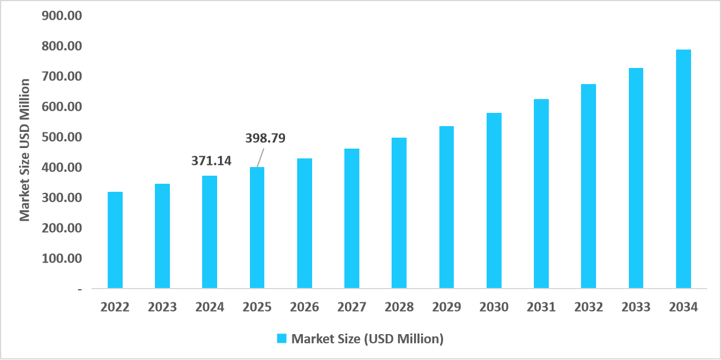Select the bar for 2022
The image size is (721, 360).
pyautogui.click(x=115, y=240)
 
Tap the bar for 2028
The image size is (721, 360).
pyautogui.click(x=399, y=213)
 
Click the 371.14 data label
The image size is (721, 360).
pyautogui.click(x=211, y=161)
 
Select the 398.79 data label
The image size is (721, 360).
pyautogui.click(x=265, y=138)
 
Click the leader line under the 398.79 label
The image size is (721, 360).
pyautogui.click(x=260, y=157)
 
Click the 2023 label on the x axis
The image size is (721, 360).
pyautogui.click(x=162, y=307)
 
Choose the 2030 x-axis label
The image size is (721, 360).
pyautogui.click(x=494, y=307)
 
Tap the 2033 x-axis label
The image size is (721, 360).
pyautogui.click(x=636, y=307)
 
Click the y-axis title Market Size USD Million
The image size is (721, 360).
pyautogui.click(x=24, y=150)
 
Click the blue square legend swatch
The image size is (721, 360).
pyautogui.click(x=282, y=339)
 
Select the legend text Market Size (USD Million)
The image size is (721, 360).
pyautogui.click(x=367, y=339)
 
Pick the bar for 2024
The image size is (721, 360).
pyautogui.click(x=210, y=232)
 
